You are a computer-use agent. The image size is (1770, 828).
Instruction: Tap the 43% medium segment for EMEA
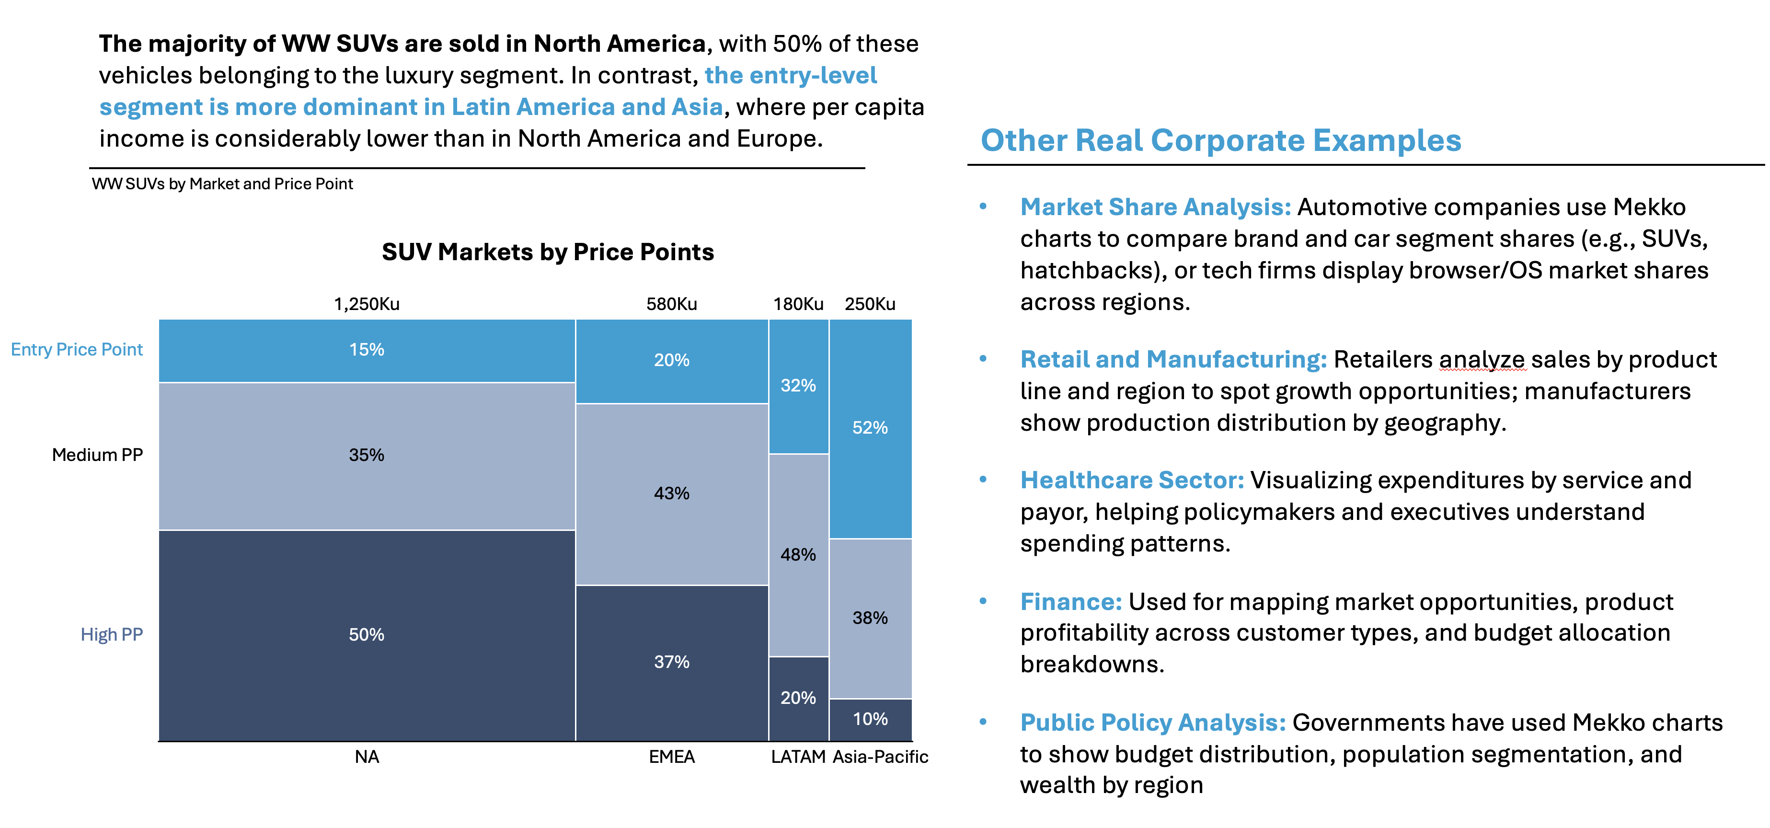tap(671, 494)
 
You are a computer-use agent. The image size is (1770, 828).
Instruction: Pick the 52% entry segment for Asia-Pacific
tap(870, 428)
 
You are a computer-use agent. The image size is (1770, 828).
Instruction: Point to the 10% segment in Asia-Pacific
tap(870, 719)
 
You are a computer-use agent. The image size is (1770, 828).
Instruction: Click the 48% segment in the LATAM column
tap(798, 554)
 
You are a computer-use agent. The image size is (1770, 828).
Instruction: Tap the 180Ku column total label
tap(798, 304)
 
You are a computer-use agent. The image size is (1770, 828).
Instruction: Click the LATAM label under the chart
tap(798, 757)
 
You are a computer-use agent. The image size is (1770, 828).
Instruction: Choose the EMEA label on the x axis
tap(671, 757)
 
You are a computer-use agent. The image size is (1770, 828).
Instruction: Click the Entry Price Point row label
tap(77, 350)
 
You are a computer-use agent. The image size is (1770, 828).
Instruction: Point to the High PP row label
tap(111, 634)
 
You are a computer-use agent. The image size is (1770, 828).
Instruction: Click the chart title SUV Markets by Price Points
tap(548, 252)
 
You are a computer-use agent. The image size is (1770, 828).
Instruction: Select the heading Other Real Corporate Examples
tap(1220, 140)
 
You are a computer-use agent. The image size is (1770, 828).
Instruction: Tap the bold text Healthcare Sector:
tap(1132, 480)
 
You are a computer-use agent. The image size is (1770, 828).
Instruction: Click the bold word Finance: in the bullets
tap(1070, 602)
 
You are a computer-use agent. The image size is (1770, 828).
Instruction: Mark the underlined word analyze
tap(1482, 360)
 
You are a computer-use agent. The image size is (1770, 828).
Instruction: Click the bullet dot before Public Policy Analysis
tap(983, 722)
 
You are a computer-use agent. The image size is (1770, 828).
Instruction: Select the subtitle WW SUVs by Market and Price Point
tap(222, 184)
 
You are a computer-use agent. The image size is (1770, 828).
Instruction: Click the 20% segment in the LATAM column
tap(798, 698)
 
